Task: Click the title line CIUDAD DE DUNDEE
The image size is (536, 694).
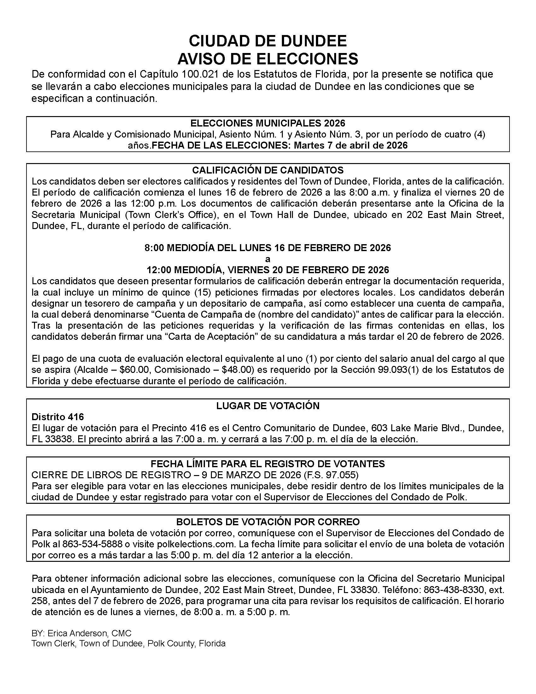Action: click(x=268, y=41)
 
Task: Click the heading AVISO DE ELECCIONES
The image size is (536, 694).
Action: click(x=268, y=59)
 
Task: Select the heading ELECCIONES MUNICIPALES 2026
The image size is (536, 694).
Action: click(x=268, y=123)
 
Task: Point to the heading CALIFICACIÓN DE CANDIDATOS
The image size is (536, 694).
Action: click(x=268, y=170)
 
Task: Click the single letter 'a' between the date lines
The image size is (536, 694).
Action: click(x=268, y=259)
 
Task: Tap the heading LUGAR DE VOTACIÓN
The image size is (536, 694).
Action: click(x=268, y=406)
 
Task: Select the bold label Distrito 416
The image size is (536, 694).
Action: click(x=57, y=417)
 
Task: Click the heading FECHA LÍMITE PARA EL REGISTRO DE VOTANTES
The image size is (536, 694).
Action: click(x=268, y=464)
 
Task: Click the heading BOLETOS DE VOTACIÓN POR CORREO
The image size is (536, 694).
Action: click(x=268, y=522)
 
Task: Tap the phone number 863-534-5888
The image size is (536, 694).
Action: click(x=92, y=544)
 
